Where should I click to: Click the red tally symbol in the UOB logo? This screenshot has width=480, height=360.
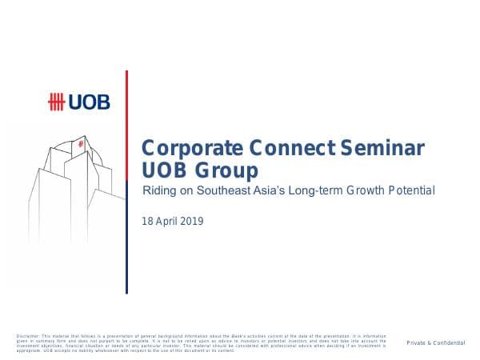pos(58,102)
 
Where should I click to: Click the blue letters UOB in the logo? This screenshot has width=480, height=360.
pos(89,102)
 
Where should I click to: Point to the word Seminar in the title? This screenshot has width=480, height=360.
pos(376,150)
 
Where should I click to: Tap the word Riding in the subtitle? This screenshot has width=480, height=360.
pos(157,191)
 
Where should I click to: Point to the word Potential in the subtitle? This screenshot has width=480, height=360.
pos(415,191)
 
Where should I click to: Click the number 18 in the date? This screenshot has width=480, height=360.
pos(147,221)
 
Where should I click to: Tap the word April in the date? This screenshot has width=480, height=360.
pos(167,221)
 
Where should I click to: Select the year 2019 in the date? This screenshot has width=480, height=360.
pos(192,221)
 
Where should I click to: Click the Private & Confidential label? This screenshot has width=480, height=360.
pos(435,342)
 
